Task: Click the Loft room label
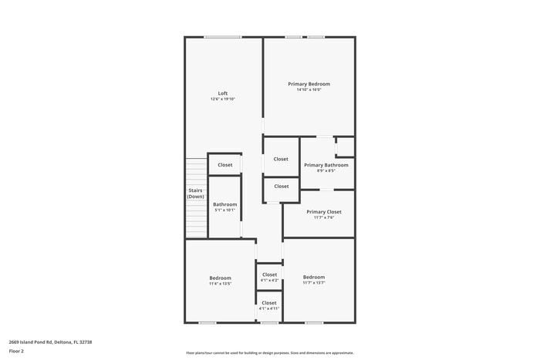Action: point(222,93)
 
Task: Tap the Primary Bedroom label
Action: point(309,83)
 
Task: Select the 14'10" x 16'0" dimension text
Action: point(309,89)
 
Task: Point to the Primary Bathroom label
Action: point(326,165)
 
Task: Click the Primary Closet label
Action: point(323,211)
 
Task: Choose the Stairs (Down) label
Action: point(195,193)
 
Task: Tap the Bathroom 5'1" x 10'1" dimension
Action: point(224,210)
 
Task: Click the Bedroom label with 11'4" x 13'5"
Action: point(220,278)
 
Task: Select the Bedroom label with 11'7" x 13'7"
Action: point(313,278)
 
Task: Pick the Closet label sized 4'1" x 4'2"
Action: point(269,274)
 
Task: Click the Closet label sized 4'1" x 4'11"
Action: point(268,303)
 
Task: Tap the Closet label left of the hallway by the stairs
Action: point(224,165)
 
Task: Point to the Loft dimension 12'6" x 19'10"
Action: point(222,99)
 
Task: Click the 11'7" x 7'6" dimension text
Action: point(323,217)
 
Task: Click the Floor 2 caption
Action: point(16,351)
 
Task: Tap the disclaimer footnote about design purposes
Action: point(269,352)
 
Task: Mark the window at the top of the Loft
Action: point(222,36)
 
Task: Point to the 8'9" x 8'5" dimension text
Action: point(326,171)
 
